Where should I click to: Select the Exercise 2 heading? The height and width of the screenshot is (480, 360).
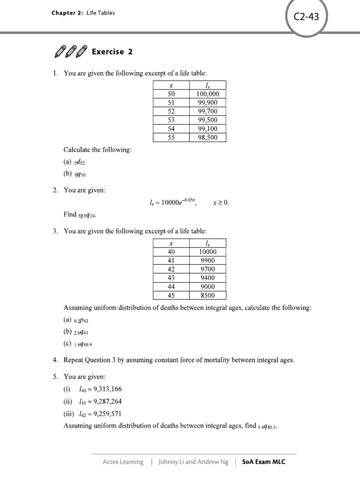pos(112,52)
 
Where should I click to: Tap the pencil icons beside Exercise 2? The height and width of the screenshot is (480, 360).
pos(70,52)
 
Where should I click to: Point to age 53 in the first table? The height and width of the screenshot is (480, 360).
pos(171,120)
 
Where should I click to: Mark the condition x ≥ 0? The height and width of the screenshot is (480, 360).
pos(221,203)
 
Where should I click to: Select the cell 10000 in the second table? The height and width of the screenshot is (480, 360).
pos(208,252)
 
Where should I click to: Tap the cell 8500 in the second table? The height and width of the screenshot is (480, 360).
pos(208,295)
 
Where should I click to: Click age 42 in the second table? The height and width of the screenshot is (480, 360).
pos(171,269)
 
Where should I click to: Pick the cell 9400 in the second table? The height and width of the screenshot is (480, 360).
pos(208,278)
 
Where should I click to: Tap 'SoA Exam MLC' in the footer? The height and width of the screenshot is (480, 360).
pos(263,462)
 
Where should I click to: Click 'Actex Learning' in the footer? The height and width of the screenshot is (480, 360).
pos(123,462)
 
